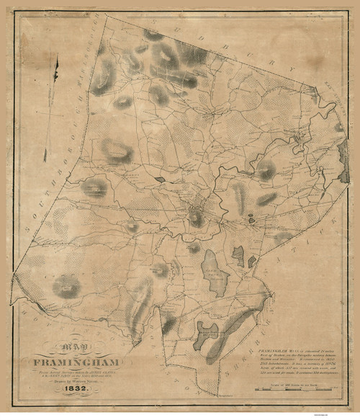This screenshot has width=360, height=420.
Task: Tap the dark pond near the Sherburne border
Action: (207, 332)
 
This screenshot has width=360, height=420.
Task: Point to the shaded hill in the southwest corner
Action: (66, 287)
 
